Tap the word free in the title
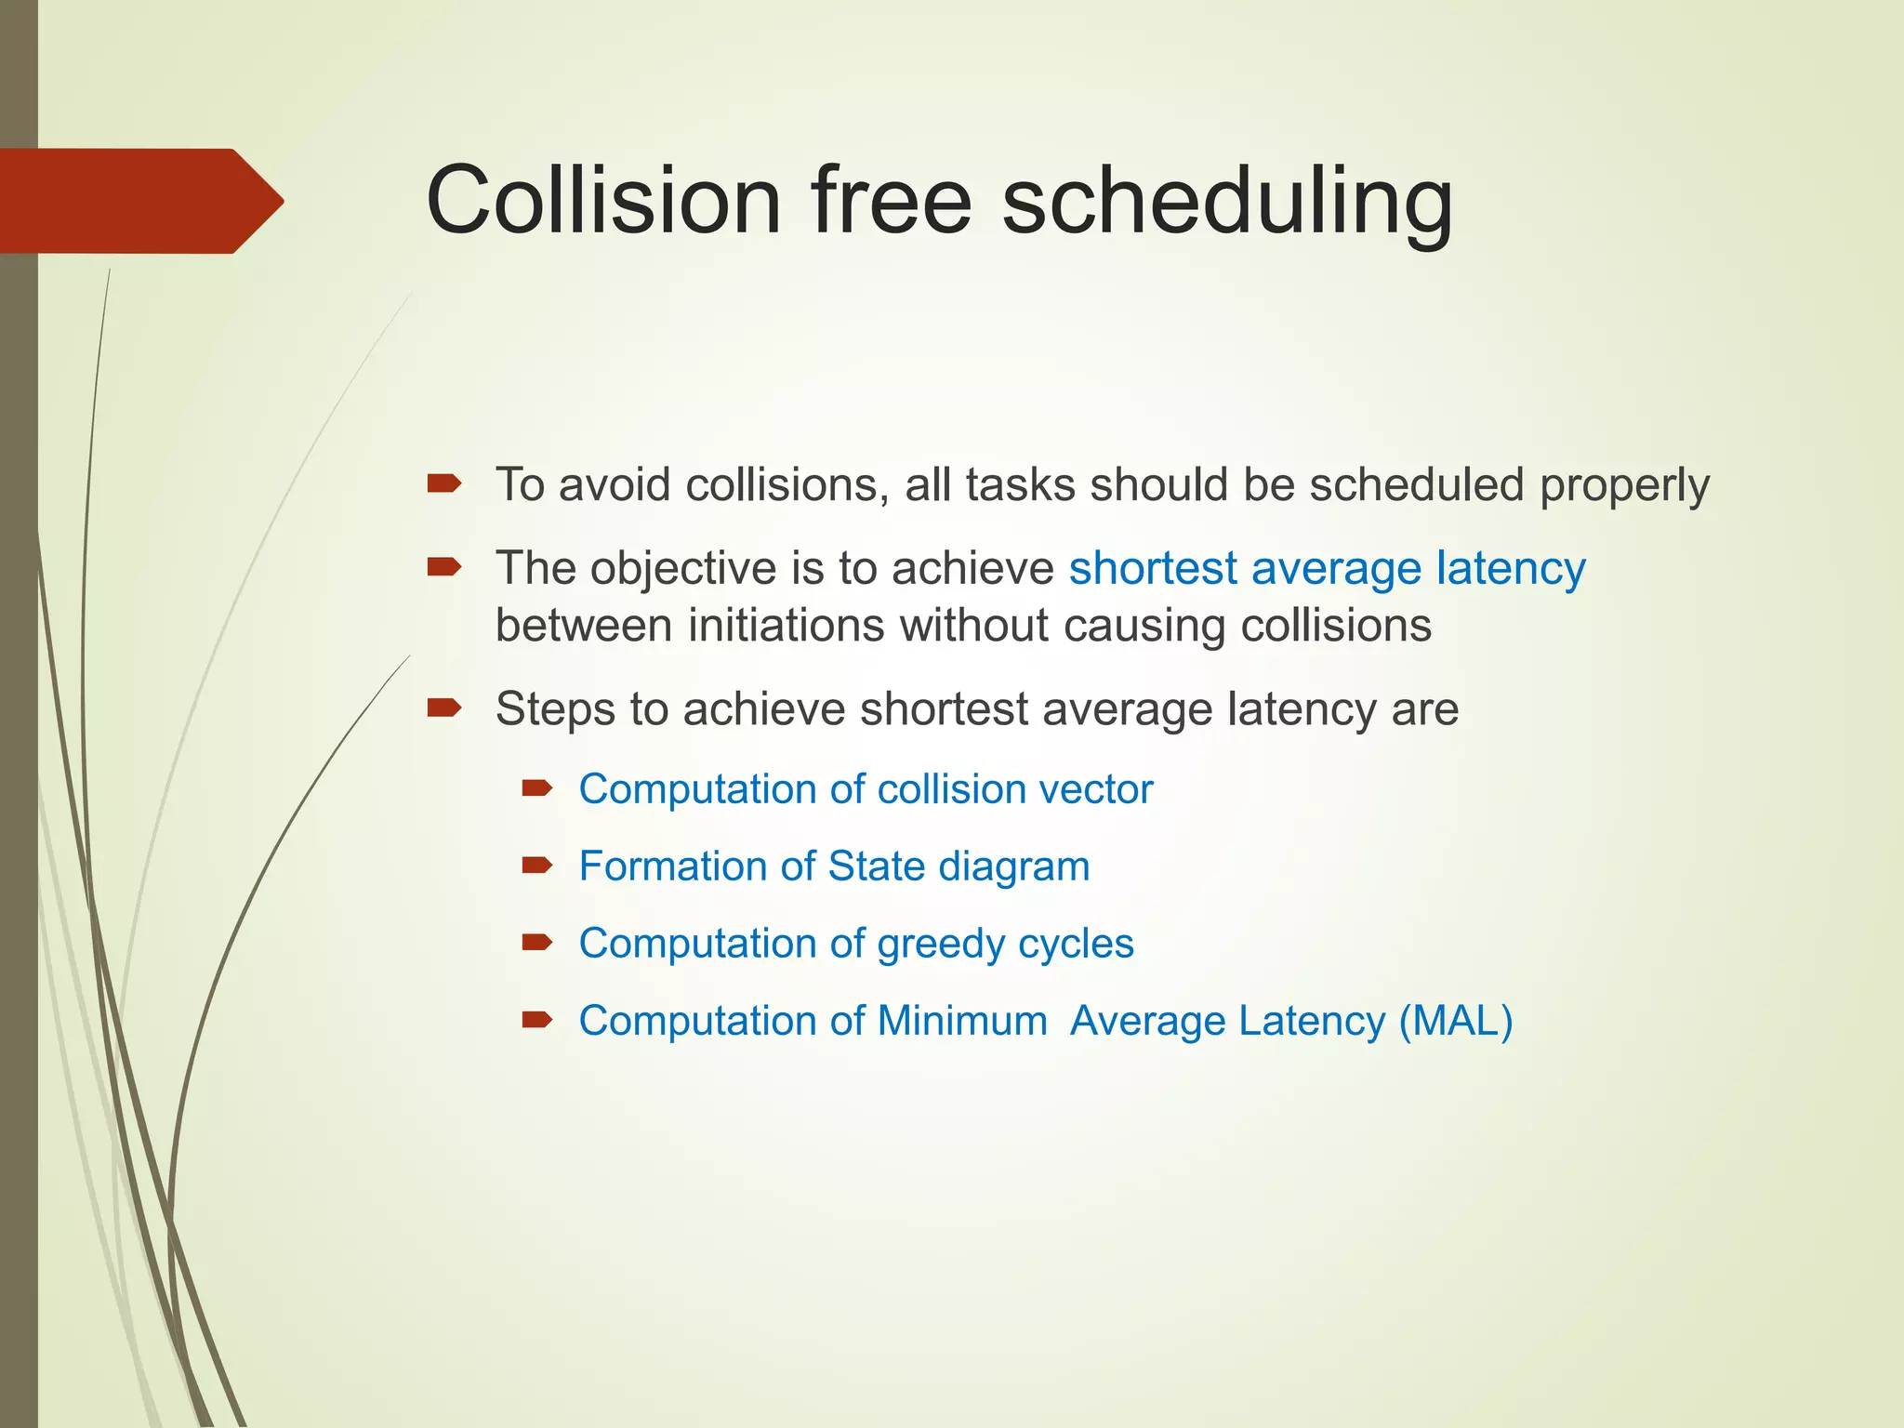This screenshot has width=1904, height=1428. tap(892, 201)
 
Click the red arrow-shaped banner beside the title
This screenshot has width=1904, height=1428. tap(139, 201)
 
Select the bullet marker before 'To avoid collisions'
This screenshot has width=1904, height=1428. tap(444, 483)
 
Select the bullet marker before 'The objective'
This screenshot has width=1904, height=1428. tap(444, 566)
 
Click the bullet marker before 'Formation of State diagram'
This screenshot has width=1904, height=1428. tap(537, 866)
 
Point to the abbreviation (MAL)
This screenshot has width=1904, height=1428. tap(1456, 1022)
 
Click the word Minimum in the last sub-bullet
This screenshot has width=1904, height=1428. tap(961, 1021)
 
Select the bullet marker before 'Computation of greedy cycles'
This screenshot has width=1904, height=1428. tap(537, 943)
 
